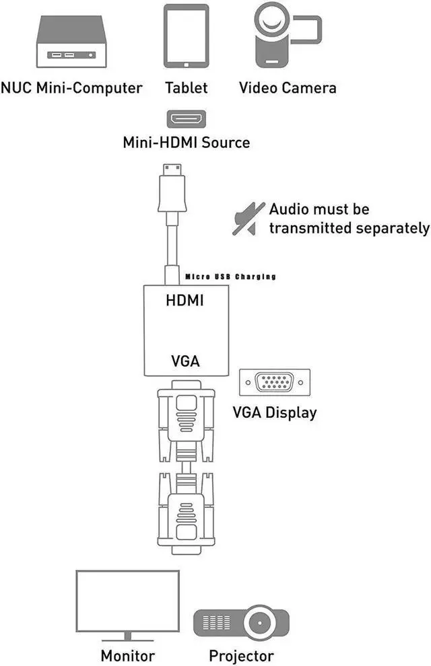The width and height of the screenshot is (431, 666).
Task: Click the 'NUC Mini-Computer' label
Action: pyautogui.click(x=72, y=88)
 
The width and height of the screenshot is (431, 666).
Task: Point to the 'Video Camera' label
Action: pyautogui.click(x=288, y=88)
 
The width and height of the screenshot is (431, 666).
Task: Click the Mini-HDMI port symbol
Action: pyautogui.click(x=187, y=119)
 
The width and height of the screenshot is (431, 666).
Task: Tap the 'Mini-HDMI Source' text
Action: pyautogui.click(x=187, y=143)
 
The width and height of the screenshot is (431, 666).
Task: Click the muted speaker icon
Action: pyautogui.click(x=247, y=219)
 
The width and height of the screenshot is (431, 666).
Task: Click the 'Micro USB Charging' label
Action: pyautogui.click(x=230, y=276)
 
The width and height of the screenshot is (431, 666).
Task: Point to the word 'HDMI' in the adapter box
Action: pyautogui.click(x=185, y=301)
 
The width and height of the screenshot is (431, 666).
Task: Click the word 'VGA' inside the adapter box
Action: pyautogui.click(x=185, y=361)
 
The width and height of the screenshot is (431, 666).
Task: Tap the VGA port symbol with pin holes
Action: pyautogui.click(x=275, y=384)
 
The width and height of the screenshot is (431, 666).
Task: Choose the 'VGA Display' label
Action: pyautogui.click(x=273, y=412)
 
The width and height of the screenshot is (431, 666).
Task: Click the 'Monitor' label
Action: pyautogui.click(x=128, y=655)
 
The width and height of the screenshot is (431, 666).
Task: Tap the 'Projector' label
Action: pyautogui.click(x=241, y=655)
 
